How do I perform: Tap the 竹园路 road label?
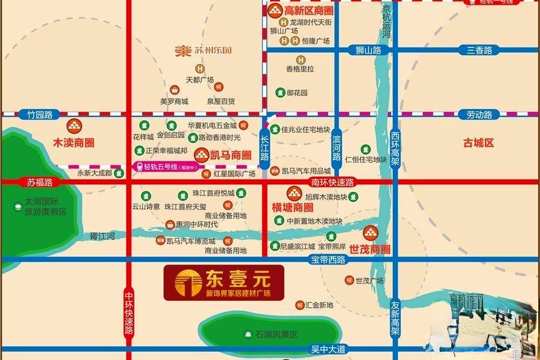pos(36,114)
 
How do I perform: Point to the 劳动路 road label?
pos(479,114)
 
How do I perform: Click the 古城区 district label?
pos(478,143)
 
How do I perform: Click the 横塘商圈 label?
pos(293,208)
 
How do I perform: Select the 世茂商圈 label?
pos(370,248)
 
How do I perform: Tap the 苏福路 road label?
pos(40,181)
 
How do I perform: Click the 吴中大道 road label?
pos(328,349)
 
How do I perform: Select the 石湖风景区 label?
pos(276,334)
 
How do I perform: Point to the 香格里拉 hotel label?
pos(300,69)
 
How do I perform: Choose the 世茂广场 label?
pos(369,281)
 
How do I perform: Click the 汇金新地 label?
pos(319,305)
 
